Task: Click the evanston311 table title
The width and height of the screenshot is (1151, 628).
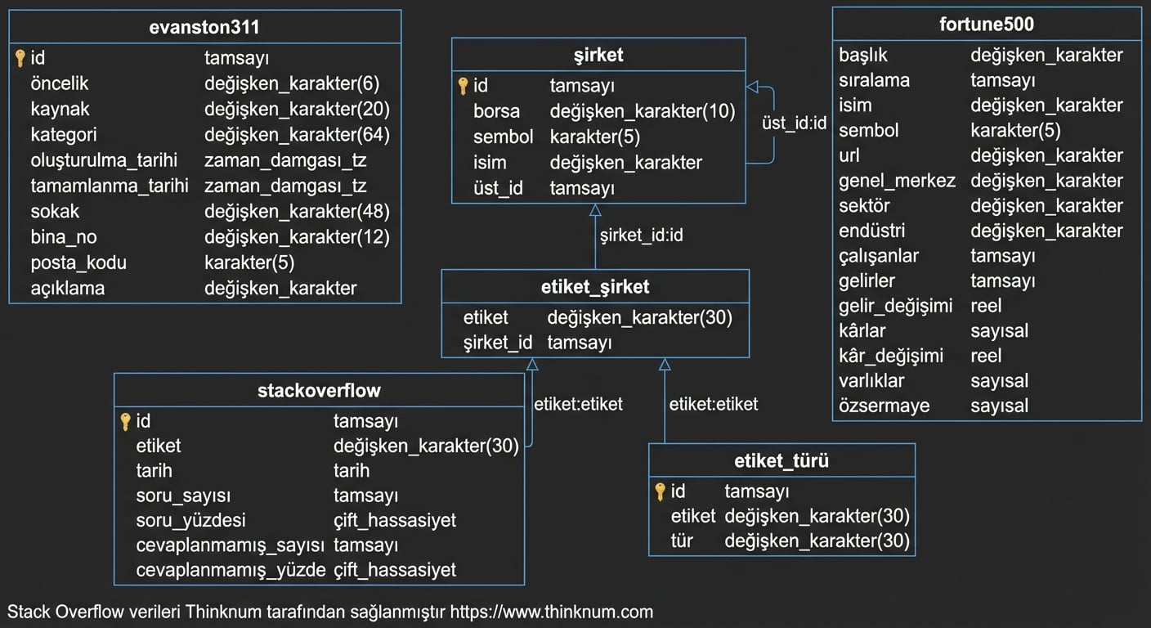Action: (x=204, y=27)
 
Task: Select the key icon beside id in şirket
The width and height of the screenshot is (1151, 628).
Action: (x=463, y=86)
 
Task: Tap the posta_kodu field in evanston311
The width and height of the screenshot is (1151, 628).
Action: (x=78, y=263)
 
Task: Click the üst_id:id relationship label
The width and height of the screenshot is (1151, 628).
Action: (x=794, y=123)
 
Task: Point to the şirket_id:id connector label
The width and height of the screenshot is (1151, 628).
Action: (x=641, y=235)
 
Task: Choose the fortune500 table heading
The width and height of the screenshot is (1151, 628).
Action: (x=987, y=24)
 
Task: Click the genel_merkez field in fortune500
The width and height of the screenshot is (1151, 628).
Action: (x=897, y=181)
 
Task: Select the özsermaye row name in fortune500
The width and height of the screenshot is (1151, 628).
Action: (x=884, y=406)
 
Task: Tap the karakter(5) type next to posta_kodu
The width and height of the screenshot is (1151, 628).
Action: (x=249, y=263)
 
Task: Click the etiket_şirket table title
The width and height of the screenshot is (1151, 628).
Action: (x=595, y=287)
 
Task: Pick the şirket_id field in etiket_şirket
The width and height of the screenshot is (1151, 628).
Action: (x=498, y=343)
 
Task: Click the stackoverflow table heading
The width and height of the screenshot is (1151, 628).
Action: (x=319, y=390)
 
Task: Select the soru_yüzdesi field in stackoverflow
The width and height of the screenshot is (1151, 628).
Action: (x=190, y=520)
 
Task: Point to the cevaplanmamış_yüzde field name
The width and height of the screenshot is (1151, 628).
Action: (x=231, y=570)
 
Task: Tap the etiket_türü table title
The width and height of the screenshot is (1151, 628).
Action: (x=782, y=460)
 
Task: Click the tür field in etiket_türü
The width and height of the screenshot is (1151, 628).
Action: (x=682, y=541)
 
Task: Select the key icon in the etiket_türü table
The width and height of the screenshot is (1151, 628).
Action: (x=661, y=491)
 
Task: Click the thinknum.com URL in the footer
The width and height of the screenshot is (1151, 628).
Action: (x=552, y=612)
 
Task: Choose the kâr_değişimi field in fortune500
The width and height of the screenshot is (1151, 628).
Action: (x=891, y=356)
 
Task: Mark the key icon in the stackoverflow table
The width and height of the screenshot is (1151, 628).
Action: (x=125, y=422)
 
